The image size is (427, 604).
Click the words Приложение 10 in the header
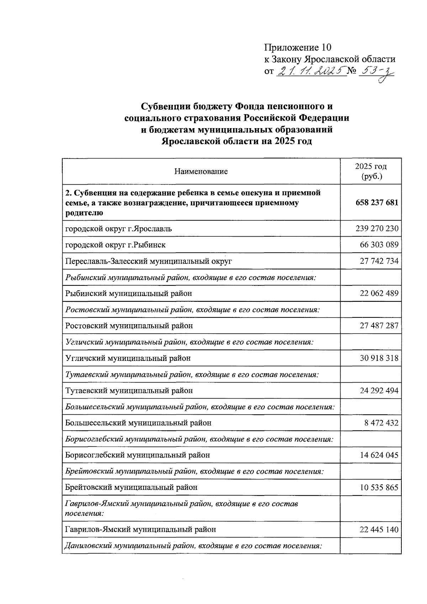[x=297, y=47]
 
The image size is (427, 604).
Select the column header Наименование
[x=201, y=172]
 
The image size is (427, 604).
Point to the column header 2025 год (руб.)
[x=371, y=171]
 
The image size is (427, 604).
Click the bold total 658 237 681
[x=377, y=203]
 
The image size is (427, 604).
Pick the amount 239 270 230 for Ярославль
[x=377, y=229]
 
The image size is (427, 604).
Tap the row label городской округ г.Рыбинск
[x=115, y=245]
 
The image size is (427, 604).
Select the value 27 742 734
[x=379, y=261]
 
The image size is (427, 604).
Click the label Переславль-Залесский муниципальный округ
[x=149, y=261]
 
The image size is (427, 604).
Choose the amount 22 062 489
[x=379, y=293]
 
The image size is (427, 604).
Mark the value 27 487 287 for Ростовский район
[x=379, y=326]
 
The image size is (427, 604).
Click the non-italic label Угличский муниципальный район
[x=128, y=358]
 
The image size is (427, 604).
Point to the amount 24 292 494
[x=379, y=390]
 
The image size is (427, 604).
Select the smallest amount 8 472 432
[x=381, y=423]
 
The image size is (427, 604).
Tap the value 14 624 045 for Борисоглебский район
[x=379, y=455]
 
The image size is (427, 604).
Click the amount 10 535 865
[x=379, y=487]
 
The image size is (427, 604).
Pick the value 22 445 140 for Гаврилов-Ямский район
[x=379, y=529]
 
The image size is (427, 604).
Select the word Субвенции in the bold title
[x=166, y=106]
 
